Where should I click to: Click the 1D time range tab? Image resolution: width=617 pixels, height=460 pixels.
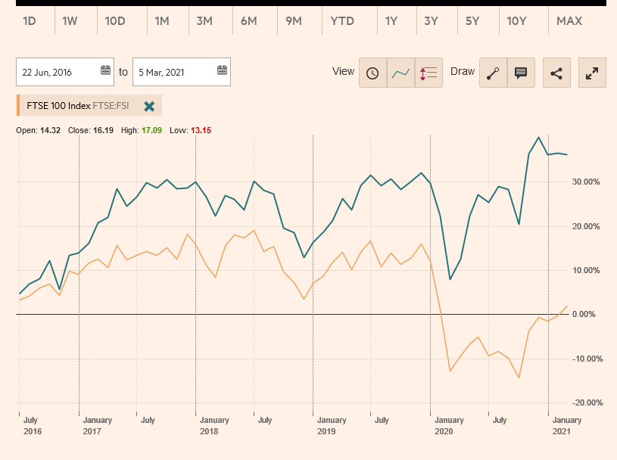(30, 21)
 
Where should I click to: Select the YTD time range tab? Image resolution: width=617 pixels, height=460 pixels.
(342, 21)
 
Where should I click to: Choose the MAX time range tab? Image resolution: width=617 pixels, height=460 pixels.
(569, 21)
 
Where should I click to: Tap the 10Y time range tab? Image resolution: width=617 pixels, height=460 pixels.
(516, 21)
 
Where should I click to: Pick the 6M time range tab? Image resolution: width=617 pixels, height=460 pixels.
(249, 21)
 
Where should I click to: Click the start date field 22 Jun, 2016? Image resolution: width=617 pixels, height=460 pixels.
(58, 72)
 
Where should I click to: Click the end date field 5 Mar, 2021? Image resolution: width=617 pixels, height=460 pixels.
(173, 72)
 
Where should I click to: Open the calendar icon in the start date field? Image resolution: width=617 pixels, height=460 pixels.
(105, 71)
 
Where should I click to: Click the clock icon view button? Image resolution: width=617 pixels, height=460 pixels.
(372, 73)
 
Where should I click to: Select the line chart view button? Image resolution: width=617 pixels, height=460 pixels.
(400, 73)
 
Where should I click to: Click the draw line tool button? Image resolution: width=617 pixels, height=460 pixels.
(494, 73)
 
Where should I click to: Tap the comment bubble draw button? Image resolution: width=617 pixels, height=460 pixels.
(521, 73)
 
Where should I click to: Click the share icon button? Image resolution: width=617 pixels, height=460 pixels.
(556, 73)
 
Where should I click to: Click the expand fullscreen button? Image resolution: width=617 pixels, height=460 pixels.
(592, 73)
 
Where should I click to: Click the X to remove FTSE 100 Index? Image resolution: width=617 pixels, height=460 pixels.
(149, 107)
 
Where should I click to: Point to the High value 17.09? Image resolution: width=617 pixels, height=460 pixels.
(152, 131)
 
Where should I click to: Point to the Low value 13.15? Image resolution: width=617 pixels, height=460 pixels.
(201, 131)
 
